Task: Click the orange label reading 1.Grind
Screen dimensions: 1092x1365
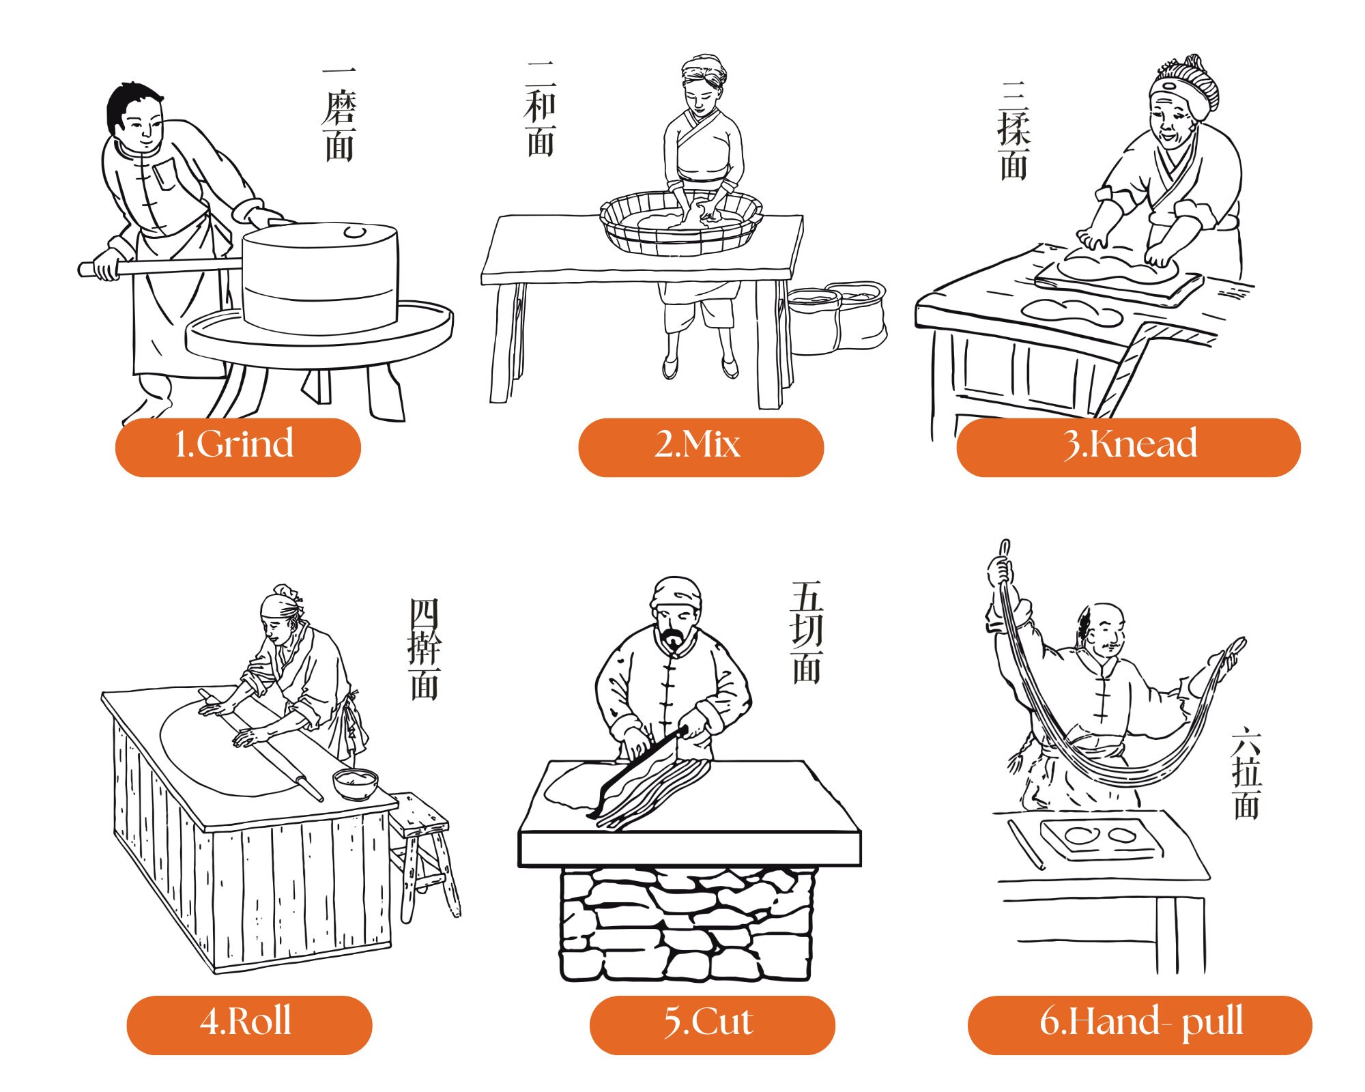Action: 238,447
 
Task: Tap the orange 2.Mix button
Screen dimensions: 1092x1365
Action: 700,447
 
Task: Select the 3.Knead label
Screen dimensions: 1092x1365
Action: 1128,447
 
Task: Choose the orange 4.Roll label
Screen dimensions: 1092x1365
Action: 249,1024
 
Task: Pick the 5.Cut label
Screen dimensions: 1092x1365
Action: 712,1024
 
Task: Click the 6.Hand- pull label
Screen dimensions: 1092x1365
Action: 1139,1024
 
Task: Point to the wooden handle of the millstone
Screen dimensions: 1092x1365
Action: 171,266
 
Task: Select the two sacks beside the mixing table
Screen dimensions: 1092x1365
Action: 838,317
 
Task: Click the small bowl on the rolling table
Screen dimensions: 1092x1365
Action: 355,784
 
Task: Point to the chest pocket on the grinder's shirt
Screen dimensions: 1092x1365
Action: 164,175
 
